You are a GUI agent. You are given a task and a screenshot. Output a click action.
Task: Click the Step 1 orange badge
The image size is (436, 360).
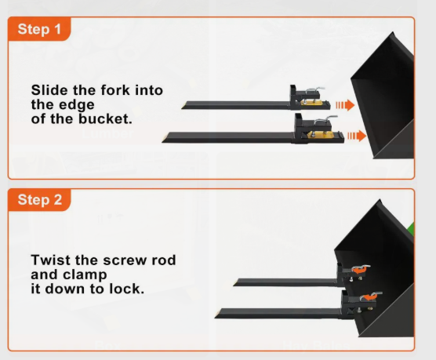(39, 29)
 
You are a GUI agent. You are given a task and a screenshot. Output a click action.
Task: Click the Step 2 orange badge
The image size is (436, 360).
(39, 199)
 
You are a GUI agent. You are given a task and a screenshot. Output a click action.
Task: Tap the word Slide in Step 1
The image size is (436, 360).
(49, 90)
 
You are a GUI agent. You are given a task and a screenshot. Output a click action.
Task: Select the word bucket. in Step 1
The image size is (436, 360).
(105, 118)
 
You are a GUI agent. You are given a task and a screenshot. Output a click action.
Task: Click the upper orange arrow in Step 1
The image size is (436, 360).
(345, 105)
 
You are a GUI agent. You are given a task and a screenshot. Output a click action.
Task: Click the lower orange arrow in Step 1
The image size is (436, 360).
(357, 136)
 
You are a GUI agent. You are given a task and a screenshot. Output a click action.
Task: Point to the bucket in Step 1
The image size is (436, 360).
(383, 96)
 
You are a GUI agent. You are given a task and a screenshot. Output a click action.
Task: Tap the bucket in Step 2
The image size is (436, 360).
(374, 268)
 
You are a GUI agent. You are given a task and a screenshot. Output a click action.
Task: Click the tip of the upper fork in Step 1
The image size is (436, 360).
(182, 107)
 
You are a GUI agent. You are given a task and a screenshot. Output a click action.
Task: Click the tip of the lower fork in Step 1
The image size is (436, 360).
(162, 141)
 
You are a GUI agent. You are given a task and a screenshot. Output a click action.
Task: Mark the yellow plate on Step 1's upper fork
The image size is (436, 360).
(311, 103)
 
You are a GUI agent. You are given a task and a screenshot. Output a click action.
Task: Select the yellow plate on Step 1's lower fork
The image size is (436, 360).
(319, 135)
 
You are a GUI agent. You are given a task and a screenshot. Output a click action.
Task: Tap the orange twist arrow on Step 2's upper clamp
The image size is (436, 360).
(359, 270)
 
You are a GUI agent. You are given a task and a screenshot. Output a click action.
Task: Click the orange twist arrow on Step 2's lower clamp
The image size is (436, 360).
(369, 296)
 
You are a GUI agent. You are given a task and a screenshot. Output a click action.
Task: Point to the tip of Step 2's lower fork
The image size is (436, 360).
(216, 317)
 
